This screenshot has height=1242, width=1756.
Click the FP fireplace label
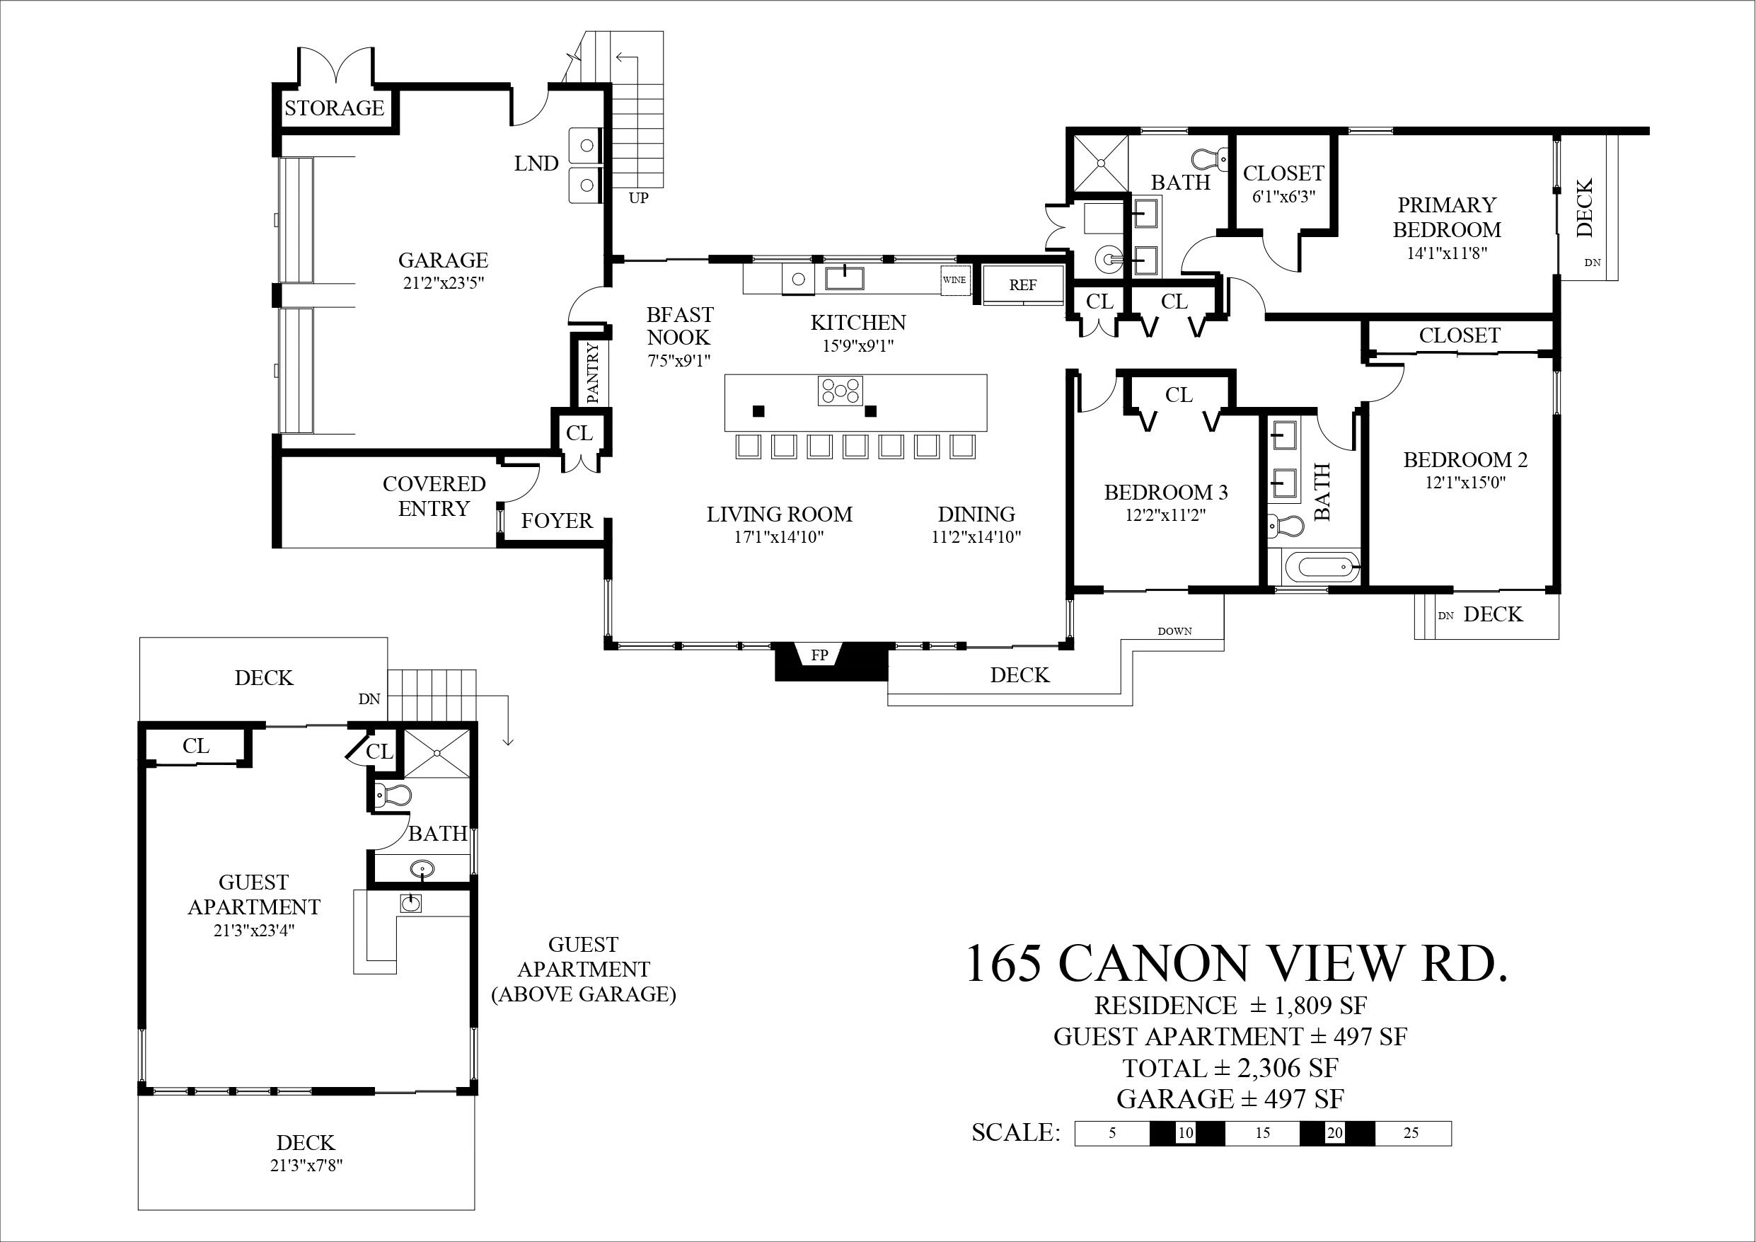click(x=819, y=656)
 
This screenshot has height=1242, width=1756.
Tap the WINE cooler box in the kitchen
click(x=954, y=280)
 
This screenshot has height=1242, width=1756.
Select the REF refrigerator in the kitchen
click(x=1022, y=284)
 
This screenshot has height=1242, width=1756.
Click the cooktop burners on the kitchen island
click(x=841, y=391)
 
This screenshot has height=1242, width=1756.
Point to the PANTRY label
click(x=593, y=373)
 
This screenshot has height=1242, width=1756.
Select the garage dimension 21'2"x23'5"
click(x=444, y=282)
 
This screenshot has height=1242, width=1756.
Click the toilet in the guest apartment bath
click(x=395, y=796)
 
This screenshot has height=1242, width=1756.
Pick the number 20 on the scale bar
click(x=1334, y=1133)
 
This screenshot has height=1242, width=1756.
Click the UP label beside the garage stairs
click(x=639, y=198)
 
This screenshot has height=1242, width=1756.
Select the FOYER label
click(x=557, y=521)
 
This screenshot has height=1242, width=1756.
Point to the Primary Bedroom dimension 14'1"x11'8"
click(x=1446, y=253)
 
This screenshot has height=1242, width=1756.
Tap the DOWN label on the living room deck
click(x=1174, y=631)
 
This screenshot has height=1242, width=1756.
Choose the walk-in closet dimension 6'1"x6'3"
click(x=1283, y=197)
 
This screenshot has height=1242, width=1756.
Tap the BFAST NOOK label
click(x=679, y=326)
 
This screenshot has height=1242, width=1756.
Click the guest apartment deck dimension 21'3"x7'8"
click(x=305, y=1166)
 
